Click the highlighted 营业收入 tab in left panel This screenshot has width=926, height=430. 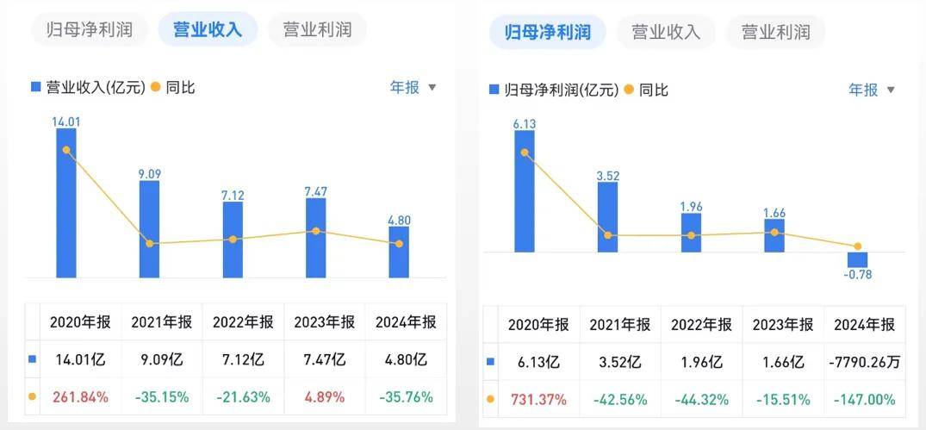tap(208, 29)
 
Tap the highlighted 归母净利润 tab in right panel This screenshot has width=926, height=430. tap(547, 33)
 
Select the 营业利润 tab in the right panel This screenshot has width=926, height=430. tap(775, 33)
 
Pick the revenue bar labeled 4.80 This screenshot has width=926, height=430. tap(398, 252)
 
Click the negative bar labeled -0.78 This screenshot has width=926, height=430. tap(857, 259)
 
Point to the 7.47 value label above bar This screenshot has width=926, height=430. tap(315, 190)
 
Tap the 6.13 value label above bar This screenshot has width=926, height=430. tap(525, 124)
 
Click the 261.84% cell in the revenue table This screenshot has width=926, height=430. tap(80, 397)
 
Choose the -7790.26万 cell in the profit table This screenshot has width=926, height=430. tap(864, 363)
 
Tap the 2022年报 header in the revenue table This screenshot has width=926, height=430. tap(243, 322)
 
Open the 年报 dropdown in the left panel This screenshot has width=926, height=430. tap(413, 87)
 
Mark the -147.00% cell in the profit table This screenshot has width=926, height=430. tap(864, 400)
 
